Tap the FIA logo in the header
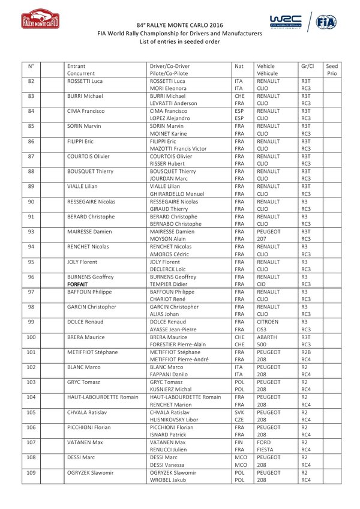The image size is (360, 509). [327, 22]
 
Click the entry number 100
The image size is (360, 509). [31, 337]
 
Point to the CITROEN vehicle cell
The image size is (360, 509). [268, 322]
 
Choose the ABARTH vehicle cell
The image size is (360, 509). [266, 337]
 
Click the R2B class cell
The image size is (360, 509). [307, 352]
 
